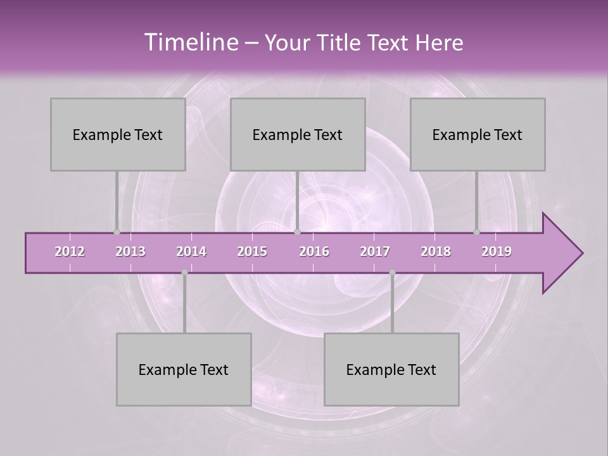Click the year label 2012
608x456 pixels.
[x=70, y=251]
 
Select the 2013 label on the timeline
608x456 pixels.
[x=130, y=251]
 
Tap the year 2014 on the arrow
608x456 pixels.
[x=191, y=251]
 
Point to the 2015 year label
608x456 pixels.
[x=252, y=251]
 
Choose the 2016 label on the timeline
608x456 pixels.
[x=314, y=251]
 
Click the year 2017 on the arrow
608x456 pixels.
[x=375, y=251]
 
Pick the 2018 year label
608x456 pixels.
[x=436, y=251]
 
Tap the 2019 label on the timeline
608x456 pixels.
[x=497, y=251]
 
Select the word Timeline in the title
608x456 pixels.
[x=190, y=42]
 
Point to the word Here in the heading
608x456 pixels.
[x=439, y=43]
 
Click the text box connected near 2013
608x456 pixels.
[x=118, y=134]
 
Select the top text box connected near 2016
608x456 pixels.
[x=298, y=134]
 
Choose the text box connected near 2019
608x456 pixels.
[x=478, y=134]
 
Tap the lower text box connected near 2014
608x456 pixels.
[x=184, y=369]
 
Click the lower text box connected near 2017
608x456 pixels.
[x=391, y=369]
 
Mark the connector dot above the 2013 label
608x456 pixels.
[x=117, y=232]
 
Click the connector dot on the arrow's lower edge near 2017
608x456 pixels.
[x=392, y=272]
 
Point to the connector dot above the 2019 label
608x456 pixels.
[x=477, y=232]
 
